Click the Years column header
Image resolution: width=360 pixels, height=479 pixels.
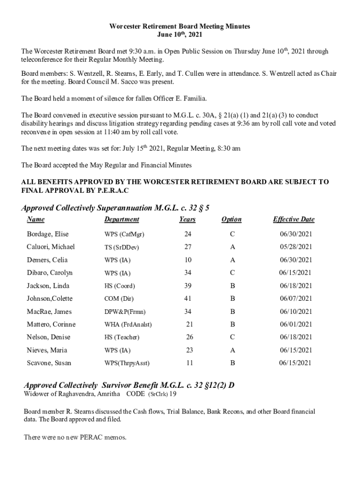click(187, 219)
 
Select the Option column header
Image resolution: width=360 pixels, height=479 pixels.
click(231, 219)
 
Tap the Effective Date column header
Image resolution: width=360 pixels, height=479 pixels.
click(294, 219)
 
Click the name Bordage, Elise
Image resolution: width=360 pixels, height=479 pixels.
click(48, 234)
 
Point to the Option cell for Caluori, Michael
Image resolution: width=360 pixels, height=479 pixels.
click(232, 247)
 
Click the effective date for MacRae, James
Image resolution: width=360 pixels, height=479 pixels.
click(296, 312)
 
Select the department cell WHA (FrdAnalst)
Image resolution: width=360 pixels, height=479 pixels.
click(128, 325)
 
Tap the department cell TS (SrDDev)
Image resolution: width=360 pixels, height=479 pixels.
click(122, 247)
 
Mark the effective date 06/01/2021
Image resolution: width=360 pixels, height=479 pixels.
click(296, 325)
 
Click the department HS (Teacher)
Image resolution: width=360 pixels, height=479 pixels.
click(122, 337)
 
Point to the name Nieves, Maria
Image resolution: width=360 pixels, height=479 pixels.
click(47, 350)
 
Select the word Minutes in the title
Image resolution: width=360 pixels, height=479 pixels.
click(235, 27)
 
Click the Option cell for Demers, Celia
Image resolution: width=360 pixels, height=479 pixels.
click(232, 260)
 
